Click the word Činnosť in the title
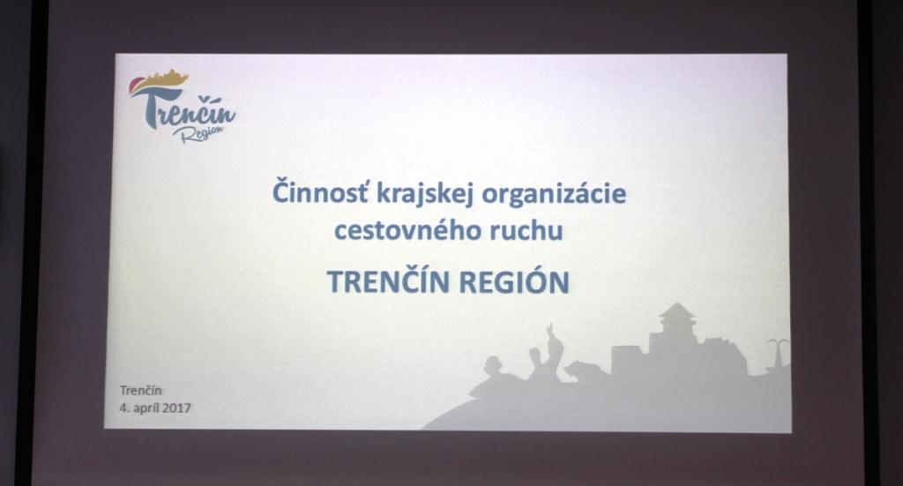[x=319, y=192]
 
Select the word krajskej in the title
[x=425, y=194]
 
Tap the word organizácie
[x=554, y=194]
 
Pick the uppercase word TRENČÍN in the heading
[x=388, y=281]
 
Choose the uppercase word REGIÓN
[x=514, y=281]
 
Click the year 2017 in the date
[x=176, y=407]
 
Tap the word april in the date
[x=146, y=408]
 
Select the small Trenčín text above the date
[x=141, y=390]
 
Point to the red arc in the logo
[x=133, y=87]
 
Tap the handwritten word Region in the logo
[x=198, y=135]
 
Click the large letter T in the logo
[x=155, y=107]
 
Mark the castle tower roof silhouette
[x=677, y=311]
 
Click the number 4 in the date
[x=123, y=407]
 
